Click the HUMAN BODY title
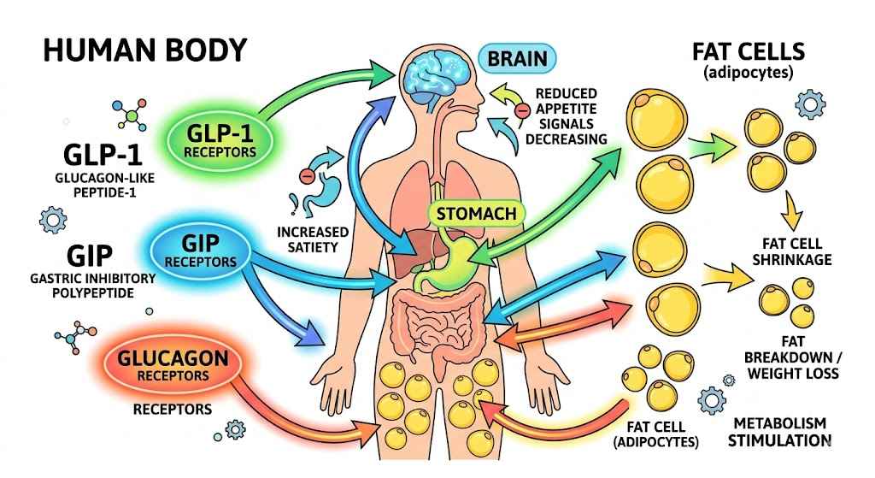coord(145,50)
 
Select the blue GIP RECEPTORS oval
coord(203,249)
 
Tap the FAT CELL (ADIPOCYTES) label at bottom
coord(656,434)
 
